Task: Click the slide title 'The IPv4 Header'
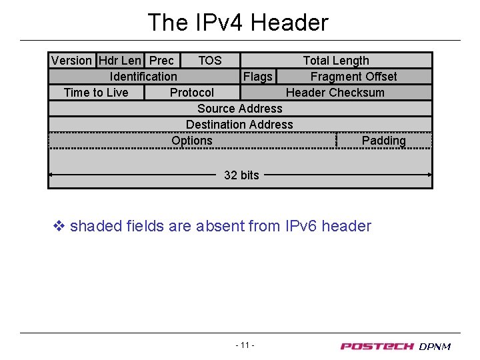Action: tap(237, 23)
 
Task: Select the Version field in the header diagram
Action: tap(72, 61)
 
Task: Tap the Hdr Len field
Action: tap(120, 61)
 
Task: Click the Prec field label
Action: tap(161, 61)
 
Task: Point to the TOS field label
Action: tap(210, 61)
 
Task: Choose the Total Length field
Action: tap(336, 61)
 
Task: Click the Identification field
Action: tap(143, 77)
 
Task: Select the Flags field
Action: tap(258, 77)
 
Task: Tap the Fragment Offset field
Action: tap(353, 77)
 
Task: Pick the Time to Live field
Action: tap(96, 93)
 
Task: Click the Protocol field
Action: tap(192, 93)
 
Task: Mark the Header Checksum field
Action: tap(335, 93)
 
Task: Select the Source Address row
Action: tap(240, 109)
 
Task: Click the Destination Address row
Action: tap(239, 125)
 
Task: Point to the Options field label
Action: tap(192, 141)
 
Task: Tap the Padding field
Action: tap(383, 141)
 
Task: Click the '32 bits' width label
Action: tap(241, 175)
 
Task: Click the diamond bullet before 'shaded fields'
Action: tap(59, 226)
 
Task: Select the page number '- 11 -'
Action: tap(245, 345)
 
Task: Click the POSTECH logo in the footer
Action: tap(377, 346)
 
